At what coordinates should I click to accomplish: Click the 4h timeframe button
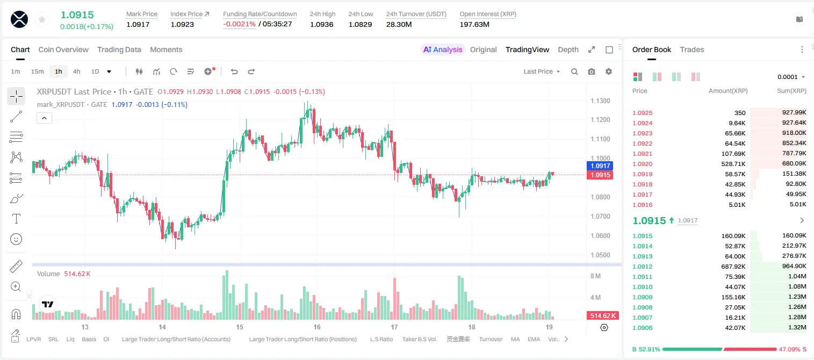(76, 71)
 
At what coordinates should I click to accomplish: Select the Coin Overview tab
(63, 49)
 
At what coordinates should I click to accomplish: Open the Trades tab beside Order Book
(692, 49)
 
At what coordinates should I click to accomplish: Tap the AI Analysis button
(443, 49)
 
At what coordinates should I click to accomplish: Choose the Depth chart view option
(568, 49)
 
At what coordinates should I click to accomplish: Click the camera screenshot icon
(592, 71)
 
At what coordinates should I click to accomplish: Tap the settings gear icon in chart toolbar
(609, 71)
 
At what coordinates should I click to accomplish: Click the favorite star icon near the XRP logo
(42, 20)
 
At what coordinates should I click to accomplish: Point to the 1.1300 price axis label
(600, 101)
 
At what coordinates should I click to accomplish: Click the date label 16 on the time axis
(317, 327)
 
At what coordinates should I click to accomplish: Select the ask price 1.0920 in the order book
(643, 164)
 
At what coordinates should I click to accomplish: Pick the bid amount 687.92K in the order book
(733, 267)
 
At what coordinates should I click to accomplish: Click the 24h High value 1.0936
(322, 24)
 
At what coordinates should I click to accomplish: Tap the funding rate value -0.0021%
(239, 24)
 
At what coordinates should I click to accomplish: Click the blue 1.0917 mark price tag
(600, 165)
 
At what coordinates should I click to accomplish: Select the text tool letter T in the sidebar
(16, 219)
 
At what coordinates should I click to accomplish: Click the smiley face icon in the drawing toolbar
(16, 239)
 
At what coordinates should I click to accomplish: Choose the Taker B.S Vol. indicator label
(419, 339)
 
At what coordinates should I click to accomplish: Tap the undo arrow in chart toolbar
(234, 71)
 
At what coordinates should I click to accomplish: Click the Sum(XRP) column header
(791, 91)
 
